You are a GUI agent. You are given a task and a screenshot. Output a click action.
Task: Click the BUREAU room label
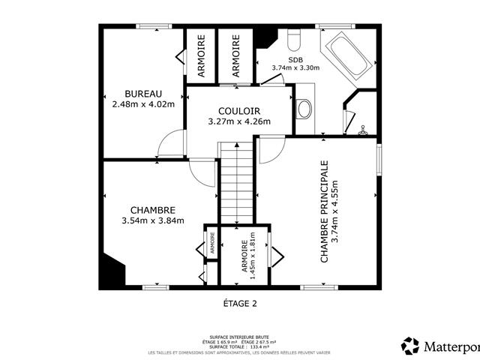tap(143, 93)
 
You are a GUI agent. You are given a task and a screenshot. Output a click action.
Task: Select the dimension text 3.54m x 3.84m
tap(152, 220)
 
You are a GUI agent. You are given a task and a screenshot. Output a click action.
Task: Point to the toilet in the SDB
tap(295, 38)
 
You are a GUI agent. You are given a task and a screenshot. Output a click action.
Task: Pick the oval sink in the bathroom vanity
tap(304, 110)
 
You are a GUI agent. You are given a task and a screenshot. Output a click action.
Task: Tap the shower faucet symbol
tap(363, 130)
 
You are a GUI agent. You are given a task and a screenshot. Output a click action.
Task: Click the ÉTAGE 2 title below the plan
tap(240, 303)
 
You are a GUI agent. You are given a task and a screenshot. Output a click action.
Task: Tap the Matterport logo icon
tap(411, 346)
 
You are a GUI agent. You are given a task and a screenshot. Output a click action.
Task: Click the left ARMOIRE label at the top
tap(201, 56)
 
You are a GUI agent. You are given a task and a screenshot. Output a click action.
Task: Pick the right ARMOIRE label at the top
tap(235, 56)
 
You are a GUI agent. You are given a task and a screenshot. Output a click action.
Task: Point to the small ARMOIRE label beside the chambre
tap(212, 244)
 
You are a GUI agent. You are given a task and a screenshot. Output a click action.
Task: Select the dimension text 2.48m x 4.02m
tap(143, 103)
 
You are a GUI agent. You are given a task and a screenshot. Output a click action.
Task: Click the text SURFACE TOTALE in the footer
tap(225, 346)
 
